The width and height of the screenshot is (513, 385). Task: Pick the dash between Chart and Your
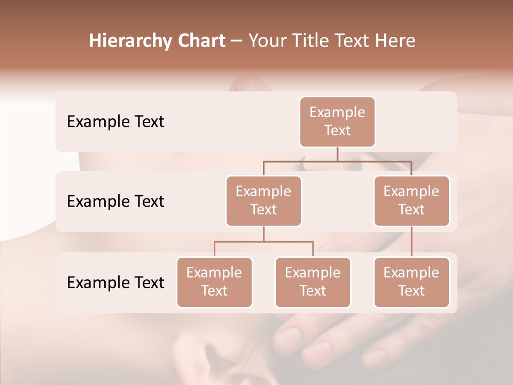236,41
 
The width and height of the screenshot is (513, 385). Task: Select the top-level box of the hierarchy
337,122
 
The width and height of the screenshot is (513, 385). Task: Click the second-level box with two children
263,201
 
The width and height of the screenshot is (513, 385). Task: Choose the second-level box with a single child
411,201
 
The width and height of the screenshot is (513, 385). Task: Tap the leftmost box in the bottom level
214,282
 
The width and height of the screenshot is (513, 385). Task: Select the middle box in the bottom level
313,282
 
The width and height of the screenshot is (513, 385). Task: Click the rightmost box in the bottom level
411,282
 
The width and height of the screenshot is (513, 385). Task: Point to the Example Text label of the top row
115,122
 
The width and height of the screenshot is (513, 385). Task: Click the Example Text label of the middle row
115,202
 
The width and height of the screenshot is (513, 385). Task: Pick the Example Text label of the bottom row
115,282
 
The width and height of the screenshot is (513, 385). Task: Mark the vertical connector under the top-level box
337,154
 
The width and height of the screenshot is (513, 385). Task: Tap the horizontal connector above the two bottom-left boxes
263,242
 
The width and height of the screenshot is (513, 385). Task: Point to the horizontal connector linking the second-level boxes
337,161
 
